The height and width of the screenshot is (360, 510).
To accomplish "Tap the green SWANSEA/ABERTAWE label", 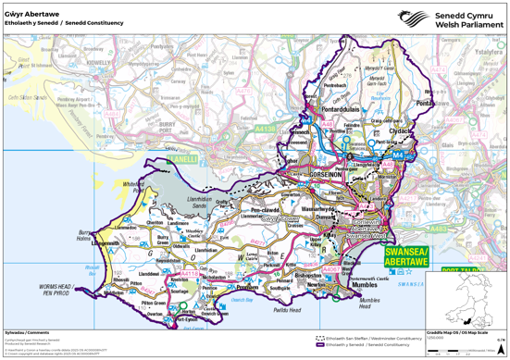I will point(405,256).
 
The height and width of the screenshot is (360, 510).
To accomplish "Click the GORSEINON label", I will point(306,172).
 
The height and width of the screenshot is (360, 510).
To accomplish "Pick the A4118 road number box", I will point(189,274).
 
